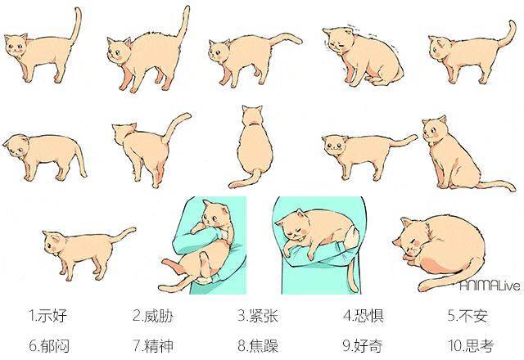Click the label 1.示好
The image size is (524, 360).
pos(47,316)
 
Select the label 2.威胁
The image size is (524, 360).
pos(153,316)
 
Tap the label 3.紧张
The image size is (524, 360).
pos(258,316)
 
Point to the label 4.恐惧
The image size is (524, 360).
pos(364,316)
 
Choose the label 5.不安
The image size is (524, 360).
pos(468,316)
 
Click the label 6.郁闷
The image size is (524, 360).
pos(49,345)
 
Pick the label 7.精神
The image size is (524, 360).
pos(153,345)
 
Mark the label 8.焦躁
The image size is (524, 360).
pos(258,345)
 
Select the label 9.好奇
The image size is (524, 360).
pos(363,345)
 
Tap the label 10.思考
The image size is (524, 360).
pos(471,345)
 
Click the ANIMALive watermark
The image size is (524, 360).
pos(490,286)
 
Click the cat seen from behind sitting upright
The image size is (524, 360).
pos(254,147)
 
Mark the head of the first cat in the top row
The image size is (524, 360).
pos(16,46)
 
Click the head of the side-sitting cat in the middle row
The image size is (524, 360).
pos(435,130)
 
